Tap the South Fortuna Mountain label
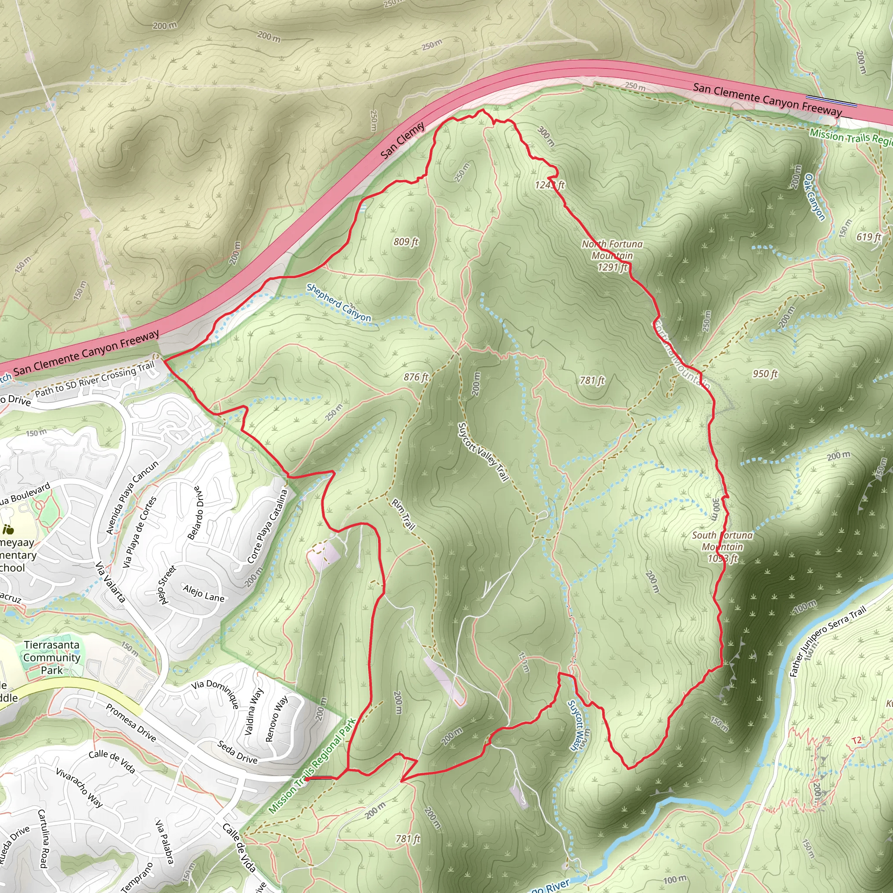pos(722,541)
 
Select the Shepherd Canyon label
pos(338,303)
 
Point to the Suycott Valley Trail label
pos(483,452)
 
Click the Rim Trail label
pos(403,514)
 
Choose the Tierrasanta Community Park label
pos(52,657)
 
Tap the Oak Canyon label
pos(815,197)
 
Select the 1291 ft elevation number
pos(613,267)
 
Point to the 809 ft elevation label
pos(406,242)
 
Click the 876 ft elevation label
pos(416,377)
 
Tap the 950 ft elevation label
pos(765,374)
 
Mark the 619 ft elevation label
pos(869,237)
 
